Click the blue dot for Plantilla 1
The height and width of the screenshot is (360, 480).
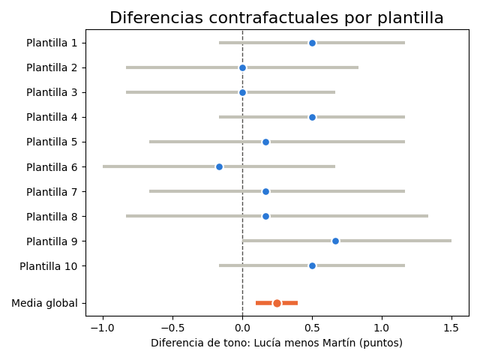(x=312, y=43)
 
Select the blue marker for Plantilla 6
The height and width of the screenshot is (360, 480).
(x=219, y=166)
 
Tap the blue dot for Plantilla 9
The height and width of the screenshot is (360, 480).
(x=335, y=241)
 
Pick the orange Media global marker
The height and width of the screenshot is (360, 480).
(x=277, y=303)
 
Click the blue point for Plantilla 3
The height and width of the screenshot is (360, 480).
(x=242, y=92)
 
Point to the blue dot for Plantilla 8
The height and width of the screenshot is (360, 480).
(x=265, y=217)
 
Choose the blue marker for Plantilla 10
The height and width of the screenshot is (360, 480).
(x=312, y=266)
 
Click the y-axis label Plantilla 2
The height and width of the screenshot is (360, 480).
(x=52, y=67)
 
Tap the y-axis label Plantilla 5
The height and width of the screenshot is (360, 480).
(x=52, y=142)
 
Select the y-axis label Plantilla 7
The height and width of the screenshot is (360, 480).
(x=52, y=192)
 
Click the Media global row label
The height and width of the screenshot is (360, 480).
(x=44, y=303)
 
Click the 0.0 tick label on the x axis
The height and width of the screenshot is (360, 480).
(x=242, y=328)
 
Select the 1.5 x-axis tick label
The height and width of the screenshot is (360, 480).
(x=451, y=328)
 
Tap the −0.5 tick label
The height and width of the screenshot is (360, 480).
(x=172, y=328)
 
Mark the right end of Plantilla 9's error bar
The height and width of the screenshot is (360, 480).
(x=451, y=241)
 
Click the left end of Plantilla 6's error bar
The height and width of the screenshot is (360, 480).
(x=103, y=166)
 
